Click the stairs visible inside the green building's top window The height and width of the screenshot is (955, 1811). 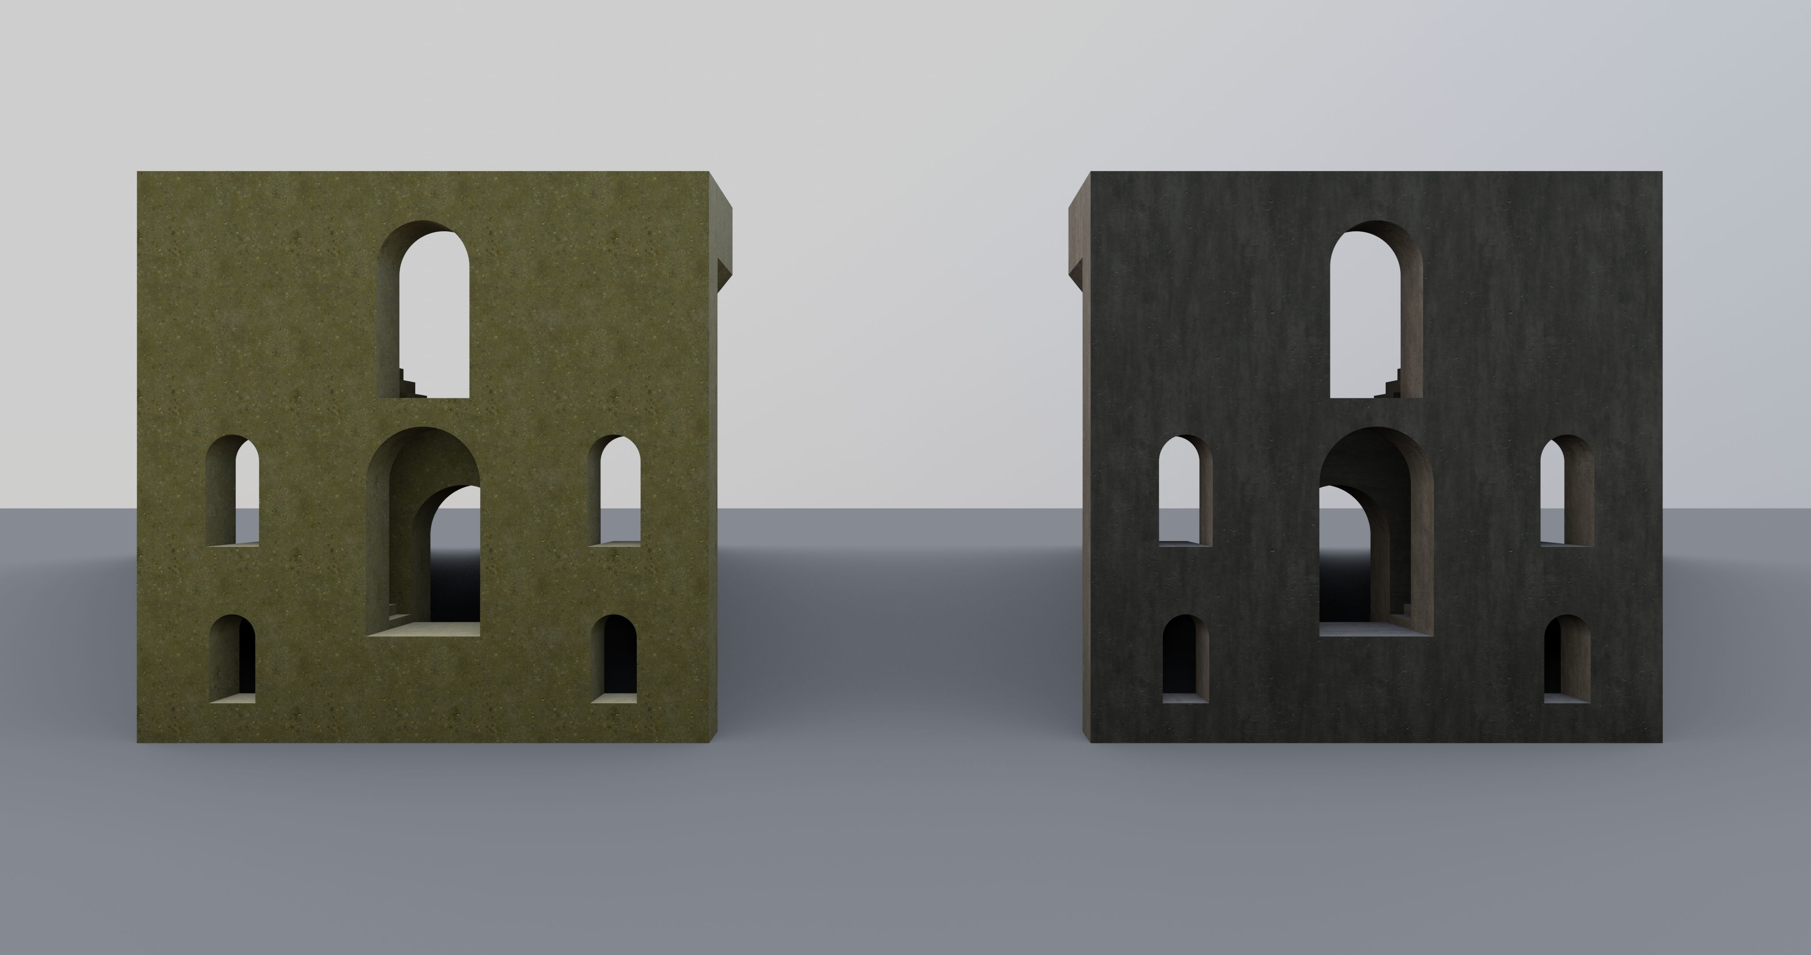[411, 384]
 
